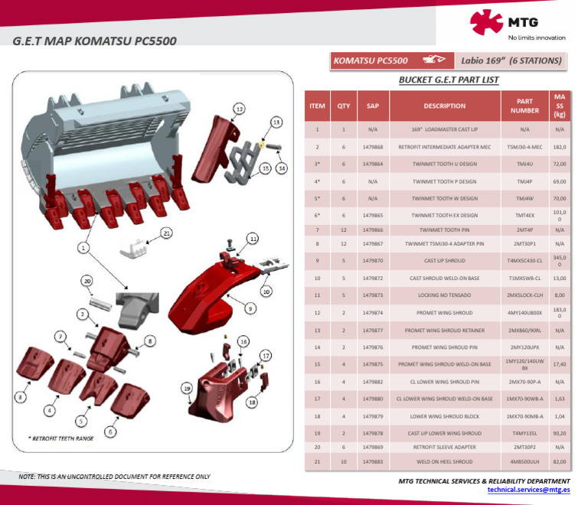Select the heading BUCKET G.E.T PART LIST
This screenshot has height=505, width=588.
click(449, 80)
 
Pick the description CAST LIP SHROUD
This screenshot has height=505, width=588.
click(444, 260)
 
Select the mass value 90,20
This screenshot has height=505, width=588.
click(559, 432)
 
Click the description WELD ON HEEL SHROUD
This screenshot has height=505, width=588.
click(444, 461)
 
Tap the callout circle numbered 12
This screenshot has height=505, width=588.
click(239, 109)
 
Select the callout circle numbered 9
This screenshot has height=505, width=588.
click(249, 308)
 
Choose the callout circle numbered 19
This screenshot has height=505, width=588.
click(186, 389)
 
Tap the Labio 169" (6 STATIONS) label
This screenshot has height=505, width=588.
click(511, 60)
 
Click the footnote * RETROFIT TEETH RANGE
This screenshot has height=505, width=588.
click(62, 438)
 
